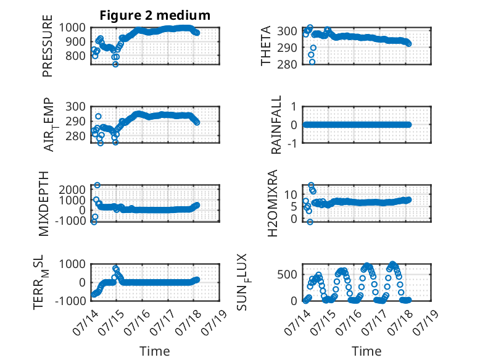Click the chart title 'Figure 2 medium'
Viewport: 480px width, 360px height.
click(x=155, y=15)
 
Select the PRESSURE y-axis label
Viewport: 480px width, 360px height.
click(x=48, y=46)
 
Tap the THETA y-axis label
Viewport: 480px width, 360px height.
click(x=266, y=46)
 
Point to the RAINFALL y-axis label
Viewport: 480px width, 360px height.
click(x=276, y=125)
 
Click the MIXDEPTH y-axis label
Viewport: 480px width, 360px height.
click(x=44, y=204)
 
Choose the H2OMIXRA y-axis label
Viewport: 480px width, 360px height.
click(x=273, y=203)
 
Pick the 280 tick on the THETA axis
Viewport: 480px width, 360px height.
click(x=287, y=64)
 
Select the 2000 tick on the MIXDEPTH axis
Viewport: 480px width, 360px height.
click(x=72, y=190)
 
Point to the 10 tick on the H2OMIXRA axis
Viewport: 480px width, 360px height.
click(x=291, y=195)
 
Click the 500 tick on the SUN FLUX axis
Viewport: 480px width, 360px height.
click(x=287, y=274)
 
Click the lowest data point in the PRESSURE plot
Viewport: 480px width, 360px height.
click(x=115, y=64)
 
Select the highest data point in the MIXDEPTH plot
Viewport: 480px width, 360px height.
click(x=97, y=185)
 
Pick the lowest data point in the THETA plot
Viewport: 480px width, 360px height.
click(x=312, y=62)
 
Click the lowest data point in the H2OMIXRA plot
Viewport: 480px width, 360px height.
click(x=310, y=222)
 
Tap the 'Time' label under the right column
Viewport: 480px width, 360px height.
click(x=366, y=351)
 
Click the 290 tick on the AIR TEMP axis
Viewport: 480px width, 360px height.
click(x=75, y=121)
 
